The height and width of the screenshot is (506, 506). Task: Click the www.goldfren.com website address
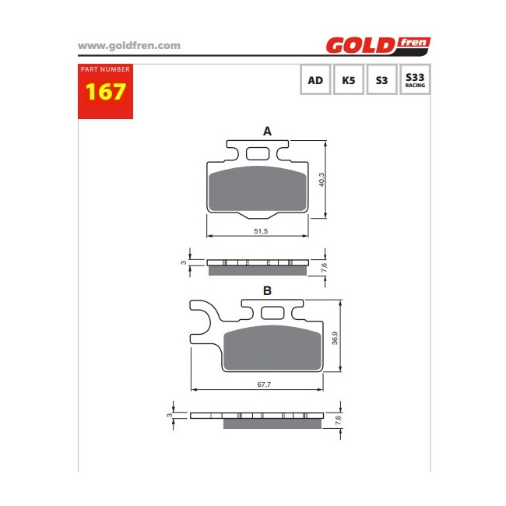[129, 46]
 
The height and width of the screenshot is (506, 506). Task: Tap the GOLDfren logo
[378, 45]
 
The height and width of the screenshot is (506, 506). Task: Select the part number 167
[105, 92]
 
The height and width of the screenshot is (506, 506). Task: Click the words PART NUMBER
[105, 69]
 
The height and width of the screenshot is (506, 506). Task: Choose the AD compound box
[315, 79]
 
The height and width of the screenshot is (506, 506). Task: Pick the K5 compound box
[349, 79]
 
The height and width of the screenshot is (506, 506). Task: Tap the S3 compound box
[381, 79]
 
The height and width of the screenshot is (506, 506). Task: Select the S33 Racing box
[415, 79]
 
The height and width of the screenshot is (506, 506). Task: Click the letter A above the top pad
[267, 132]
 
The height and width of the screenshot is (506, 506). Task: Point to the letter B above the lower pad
[267, 291]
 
